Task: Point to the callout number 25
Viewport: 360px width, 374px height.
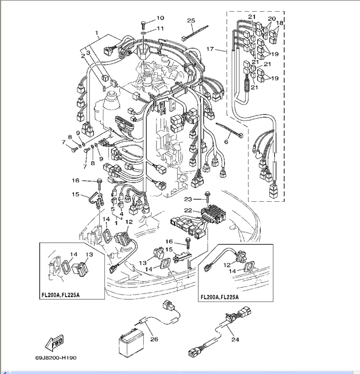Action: click(x=191, y=21)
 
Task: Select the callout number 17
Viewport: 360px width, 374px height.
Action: click(x=210, y=49)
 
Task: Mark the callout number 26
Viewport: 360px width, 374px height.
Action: click(x=154, y=339)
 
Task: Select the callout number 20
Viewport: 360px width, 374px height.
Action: click(x=271, y=19)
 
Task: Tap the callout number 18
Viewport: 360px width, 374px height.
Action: click(x=280, y=23)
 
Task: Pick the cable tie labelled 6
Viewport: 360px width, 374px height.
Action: click(x=229, y=131)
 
